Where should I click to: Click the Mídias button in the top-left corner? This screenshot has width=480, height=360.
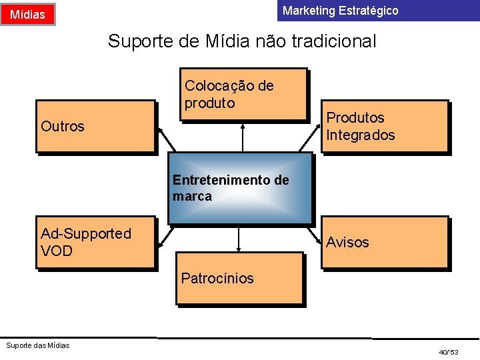[28, 14]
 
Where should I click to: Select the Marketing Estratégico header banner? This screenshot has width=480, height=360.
[377, 11]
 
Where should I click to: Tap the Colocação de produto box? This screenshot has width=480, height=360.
[243, 94]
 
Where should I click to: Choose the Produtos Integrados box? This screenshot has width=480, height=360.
[385, 127]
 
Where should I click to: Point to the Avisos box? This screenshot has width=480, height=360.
[385, 243]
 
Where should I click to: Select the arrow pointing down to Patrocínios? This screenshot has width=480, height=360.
[239, 239]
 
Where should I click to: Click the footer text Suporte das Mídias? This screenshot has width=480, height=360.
[37, 345]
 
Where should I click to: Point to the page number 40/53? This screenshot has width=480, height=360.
[449, 351]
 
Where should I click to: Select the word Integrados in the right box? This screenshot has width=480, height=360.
[361, 135]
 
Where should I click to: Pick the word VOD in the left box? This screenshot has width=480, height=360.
[57, 251]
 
